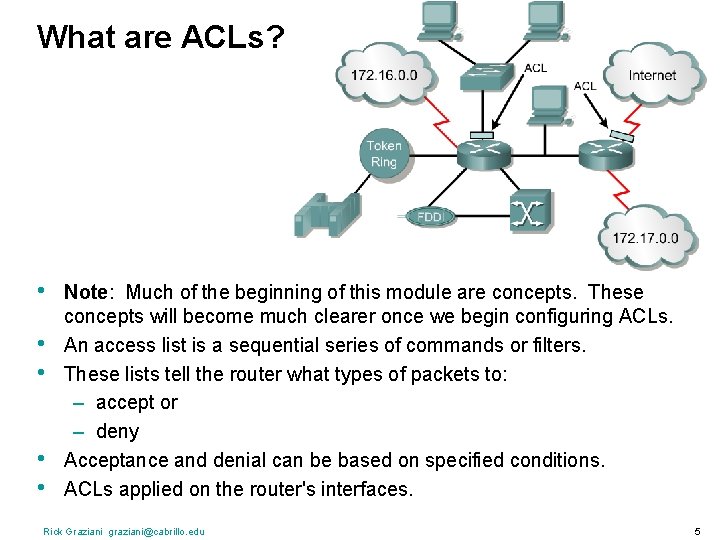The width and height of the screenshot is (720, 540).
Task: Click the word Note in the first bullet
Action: click(x=84, y=293)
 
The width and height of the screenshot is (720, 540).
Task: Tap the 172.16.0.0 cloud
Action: click(x=384, y=74)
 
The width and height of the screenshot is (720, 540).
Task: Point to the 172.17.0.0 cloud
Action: click(x=645, y=237)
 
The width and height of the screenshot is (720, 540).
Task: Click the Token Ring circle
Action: click(x=384, y=154)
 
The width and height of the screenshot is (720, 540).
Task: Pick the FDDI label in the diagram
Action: click(x=430, y=216)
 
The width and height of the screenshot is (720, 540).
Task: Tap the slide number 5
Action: click(x=696, y=531)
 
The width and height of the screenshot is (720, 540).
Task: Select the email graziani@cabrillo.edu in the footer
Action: click(x=157, y=531)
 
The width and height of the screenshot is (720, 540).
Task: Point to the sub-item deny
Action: click(x=117, y=432)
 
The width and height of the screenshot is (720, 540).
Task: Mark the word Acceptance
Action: click(x=112, y=461)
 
